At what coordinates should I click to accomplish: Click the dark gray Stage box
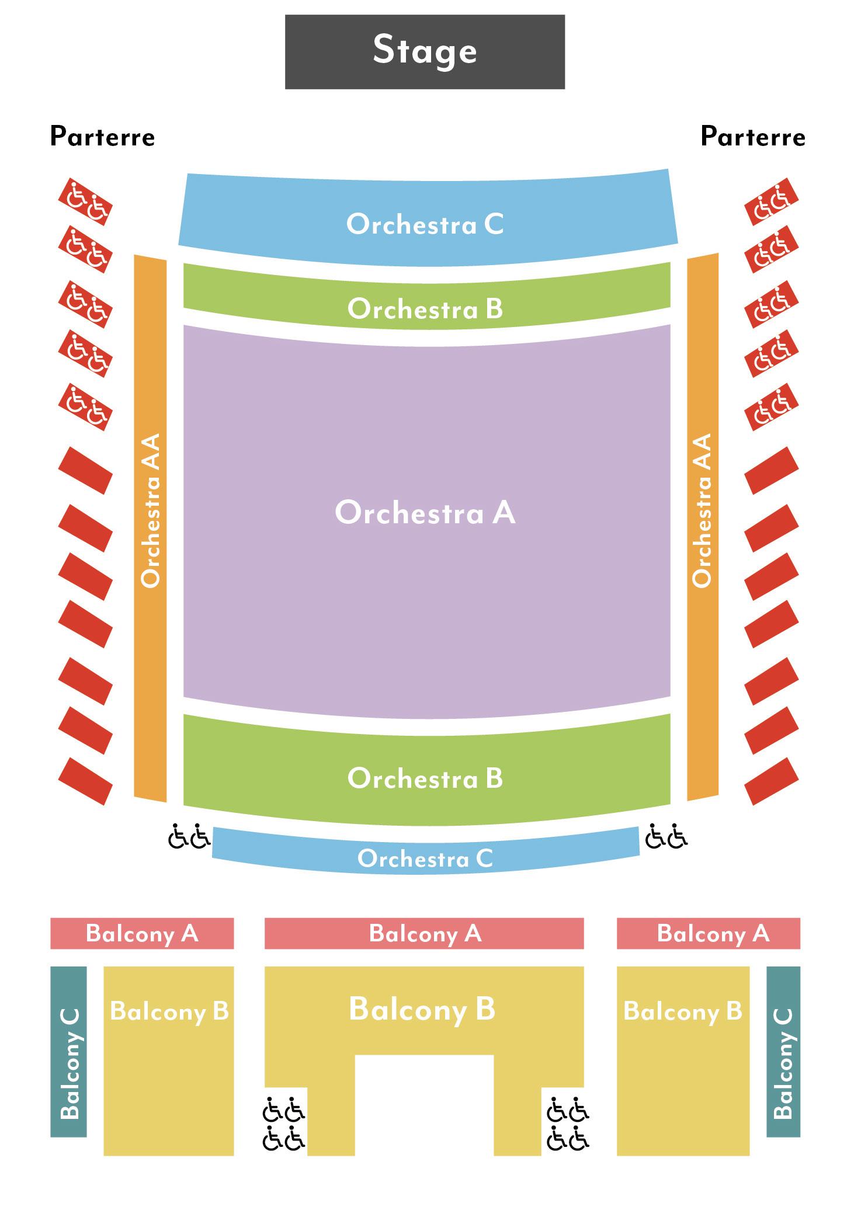pos(425,51)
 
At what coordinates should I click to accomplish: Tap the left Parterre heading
pos(102,137)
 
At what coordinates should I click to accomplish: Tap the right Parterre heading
pos(752,137)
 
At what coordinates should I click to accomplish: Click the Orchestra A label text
pos(425,513)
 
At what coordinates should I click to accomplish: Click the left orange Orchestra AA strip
pos(150,526)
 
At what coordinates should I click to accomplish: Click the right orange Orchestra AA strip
pos(702,526)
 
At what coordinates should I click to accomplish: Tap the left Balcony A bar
pos(142,933)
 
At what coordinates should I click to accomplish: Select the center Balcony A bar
pos(424,933)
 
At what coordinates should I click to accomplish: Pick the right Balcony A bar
pos(708,933)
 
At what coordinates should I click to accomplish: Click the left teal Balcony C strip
pos(68,1051)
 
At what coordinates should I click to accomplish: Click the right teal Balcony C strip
pos(783,1051)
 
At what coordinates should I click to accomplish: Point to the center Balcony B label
pos(422,1009)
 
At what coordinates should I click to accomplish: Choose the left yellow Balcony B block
pos(168,1063)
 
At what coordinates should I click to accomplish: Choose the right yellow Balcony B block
pos(682,1063)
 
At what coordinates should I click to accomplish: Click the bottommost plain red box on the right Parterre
pos(771,781)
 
